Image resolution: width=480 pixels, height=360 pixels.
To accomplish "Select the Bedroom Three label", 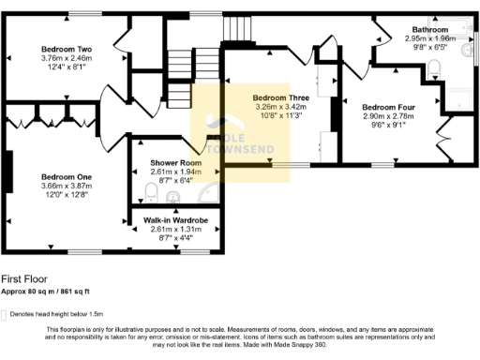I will click(x=281, y=97).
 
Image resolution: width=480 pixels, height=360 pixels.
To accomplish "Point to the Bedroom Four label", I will click(x=387, y=107).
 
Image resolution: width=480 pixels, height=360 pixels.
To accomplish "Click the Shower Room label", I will click(x=175, y=163).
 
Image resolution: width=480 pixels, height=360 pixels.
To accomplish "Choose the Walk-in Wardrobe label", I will click(x=175, y=220).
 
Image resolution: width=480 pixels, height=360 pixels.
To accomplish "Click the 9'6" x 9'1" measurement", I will click(x=387, y=125).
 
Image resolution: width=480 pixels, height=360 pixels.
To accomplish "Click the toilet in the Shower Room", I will click(x=151, y=193).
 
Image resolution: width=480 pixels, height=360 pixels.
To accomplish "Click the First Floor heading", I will click(x=23, y=278).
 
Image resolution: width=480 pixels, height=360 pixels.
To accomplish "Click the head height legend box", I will click(x=4, y=313).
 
